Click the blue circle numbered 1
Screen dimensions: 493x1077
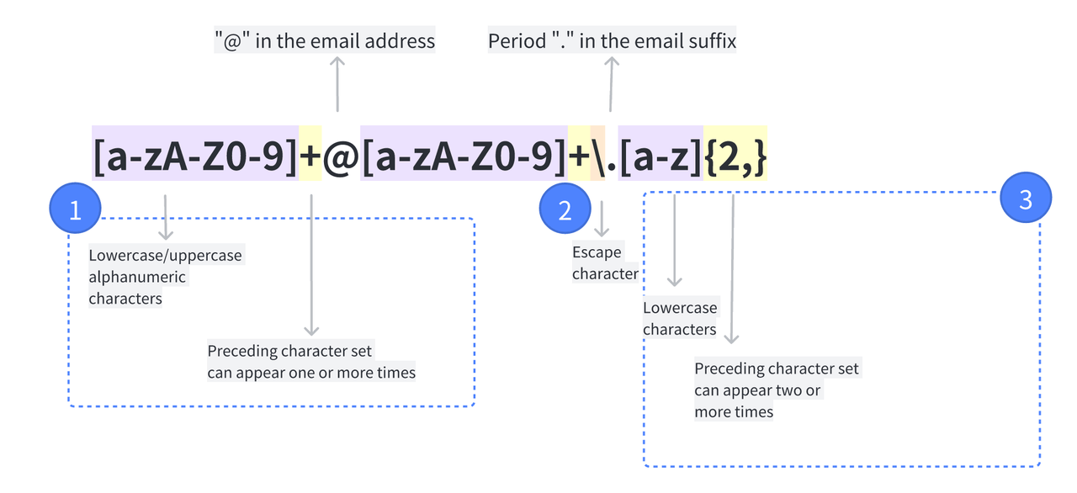point(75,209)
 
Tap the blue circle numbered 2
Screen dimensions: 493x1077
point(565,209)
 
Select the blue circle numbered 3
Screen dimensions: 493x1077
point(1024,199)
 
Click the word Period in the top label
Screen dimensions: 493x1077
point(517,40)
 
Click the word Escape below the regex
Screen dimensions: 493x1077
point(597,252)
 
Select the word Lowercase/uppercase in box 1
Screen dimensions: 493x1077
point(165,255)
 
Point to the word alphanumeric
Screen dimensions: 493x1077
point(137,277)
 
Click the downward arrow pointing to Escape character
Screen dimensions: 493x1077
point(602,219)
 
